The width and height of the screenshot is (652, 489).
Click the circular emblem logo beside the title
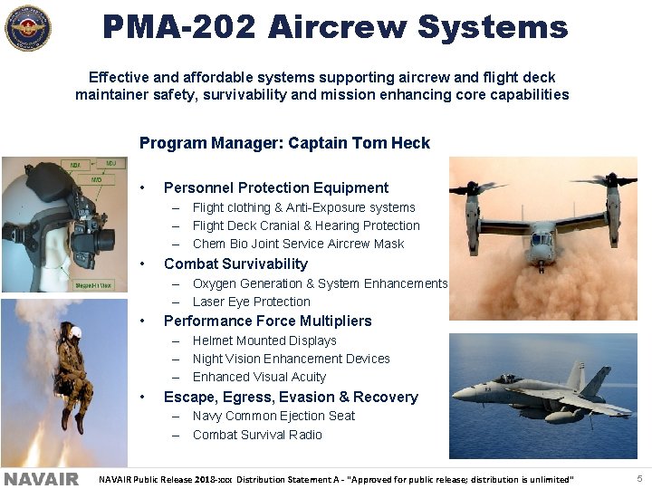28,28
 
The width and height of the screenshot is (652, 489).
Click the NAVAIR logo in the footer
41,478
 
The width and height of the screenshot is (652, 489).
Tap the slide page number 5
639,478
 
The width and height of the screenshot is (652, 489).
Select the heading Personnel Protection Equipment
275,187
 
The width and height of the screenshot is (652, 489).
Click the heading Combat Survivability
235,264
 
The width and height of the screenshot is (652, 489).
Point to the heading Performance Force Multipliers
267,321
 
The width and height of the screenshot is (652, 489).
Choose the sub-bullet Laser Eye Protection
251,302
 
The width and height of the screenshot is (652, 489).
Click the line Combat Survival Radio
257,435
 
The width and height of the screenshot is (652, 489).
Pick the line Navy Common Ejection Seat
273,416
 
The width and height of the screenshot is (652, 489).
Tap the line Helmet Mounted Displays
264,340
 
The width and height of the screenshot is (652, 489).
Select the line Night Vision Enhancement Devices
291,359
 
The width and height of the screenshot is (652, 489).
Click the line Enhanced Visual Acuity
259,377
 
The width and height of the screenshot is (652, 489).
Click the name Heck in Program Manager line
413,143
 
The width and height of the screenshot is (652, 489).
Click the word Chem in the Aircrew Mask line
208,244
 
